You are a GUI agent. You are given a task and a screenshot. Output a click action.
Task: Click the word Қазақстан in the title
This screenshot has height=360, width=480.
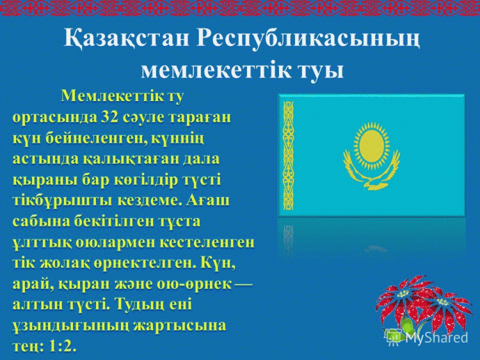(126, 39)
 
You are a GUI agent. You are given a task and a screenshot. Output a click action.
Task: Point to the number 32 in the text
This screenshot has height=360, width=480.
(109, 117)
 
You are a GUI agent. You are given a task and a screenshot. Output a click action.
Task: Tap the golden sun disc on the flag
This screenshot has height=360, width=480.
(371, 146)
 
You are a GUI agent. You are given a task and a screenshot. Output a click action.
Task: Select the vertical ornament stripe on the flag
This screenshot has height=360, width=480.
(288, 156)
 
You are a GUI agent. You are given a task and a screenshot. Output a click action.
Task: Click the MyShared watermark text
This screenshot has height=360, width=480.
(437, 338)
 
